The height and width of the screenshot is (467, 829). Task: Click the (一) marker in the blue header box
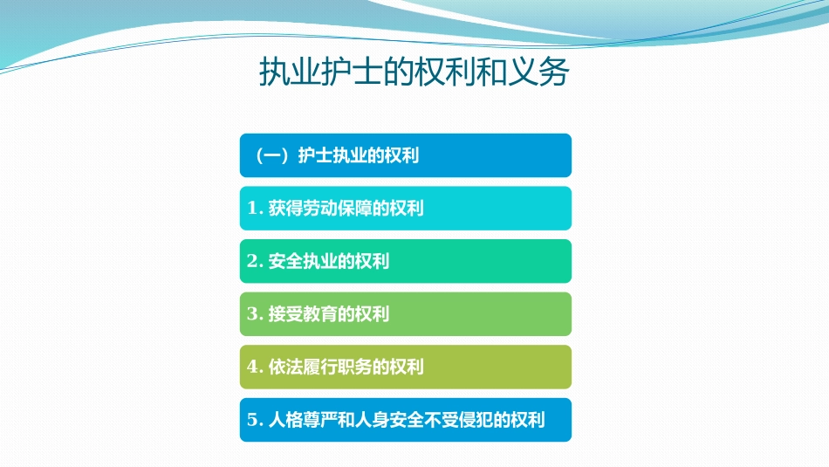[x=271, y=156]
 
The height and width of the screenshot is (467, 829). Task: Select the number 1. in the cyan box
[x=256, y=209]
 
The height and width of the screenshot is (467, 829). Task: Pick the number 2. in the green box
[x=256, y=262]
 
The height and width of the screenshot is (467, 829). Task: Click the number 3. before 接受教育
[x=256, y=314]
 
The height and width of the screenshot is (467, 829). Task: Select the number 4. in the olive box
[x=256, y=367]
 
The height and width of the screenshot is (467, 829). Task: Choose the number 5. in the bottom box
[x=256, y=421]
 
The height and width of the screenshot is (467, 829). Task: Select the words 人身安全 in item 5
[x=389, y=421]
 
